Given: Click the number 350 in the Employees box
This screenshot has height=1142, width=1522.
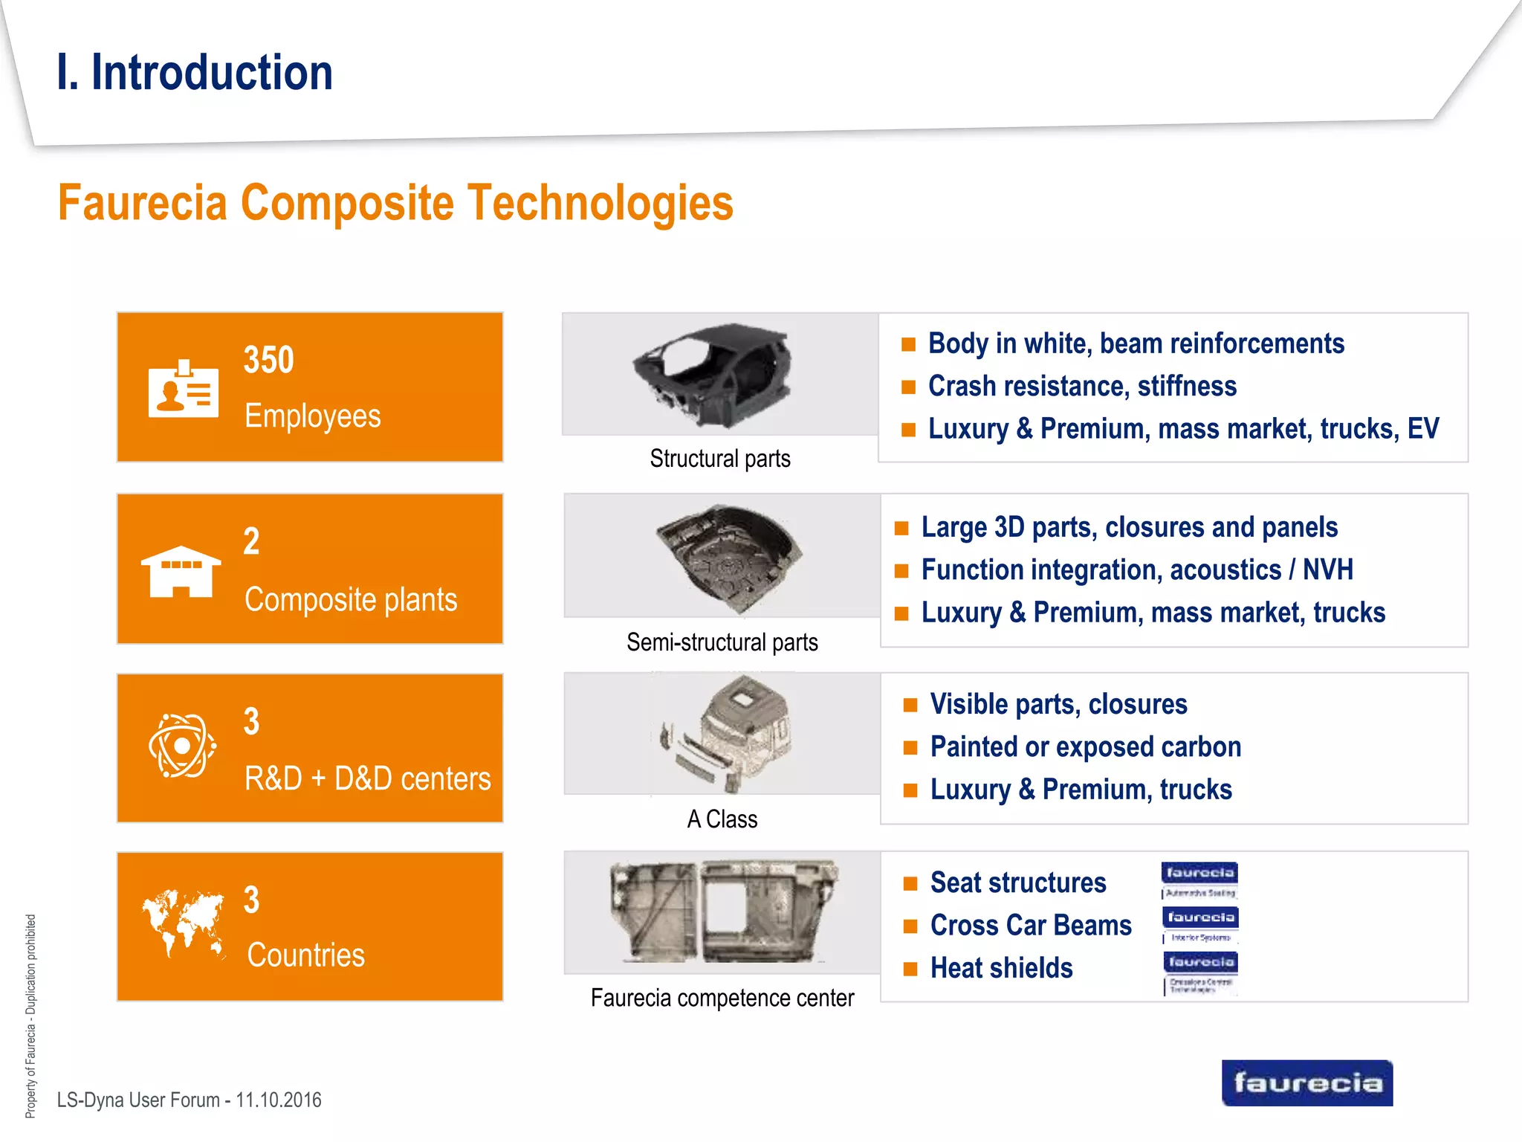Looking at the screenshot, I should click(268, 361).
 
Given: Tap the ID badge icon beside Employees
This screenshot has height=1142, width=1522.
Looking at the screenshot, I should click(183, 390).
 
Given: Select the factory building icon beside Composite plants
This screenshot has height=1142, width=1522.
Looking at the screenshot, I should click(181, 572).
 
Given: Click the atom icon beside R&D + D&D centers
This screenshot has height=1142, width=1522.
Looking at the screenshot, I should click(182, 746).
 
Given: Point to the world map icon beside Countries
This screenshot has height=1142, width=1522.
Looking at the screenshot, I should click(183, 923).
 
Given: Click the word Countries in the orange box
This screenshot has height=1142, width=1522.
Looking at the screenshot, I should click(305, 955).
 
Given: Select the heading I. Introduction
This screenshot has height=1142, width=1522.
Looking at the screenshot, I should click(195, 73).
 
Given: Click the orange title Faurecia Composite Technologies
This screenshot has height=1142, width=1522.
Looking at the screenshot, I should click(395, 203).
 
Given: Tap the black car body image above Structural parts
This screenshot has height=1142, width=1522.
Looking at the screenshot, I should click(712, 375).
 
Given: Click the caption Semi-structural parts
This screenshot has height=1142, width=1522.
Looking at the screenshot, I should click(722, 642).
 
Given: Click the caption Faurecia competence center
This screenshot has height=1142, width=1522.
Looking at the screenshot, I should click(722, 998).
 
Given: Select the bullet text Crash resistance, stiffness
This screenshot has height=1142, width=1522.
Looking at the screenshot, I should click(1081, 387).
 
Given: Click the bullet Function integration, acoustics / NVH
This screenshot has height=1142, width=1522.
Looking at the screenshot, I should click(1136, 570).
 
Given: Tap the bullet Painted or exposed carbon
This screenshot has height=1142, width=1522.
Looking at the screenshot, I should click(1085, 747).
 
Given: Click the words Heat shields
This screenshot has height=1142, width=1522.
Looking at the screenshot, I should click(1001, 968).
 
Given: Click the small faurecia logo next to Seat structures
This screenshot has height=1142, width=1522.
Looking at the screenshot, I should click(1199, 874).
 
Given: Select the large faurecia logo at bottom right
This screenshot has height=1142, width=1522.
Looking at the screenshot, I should click(1306, 1083).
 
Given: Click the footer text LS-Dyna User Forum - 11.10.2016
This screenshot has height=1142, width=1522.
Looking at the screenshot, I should click(189, 1100).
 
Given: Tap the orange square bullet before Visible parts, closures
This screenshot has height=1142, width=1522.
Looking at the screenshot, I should click(910, 706).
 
